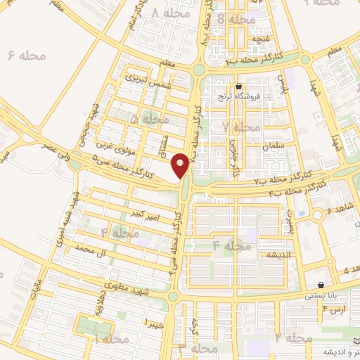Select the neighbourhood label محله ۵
coord(143,120)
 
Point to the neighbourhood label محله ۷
coord(241,127)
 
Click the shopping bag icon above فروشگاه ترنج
coord(239,87)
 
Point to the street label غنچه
coord(262,32)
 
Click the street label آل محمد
coord(93,250)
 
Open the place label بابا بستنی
coord(323,296)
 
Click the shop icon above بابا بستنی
coord(321,285)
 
